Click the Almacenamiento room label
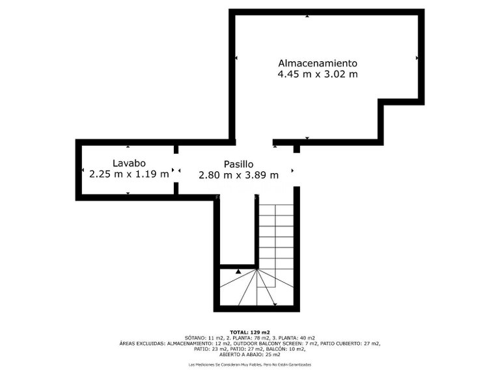318,63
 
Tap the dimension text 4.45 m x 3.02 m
318,74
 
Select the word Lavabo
128,163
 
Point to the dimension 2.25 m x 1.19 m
128,174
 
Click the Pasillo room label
238,164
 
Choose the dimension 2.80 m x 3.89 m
238,174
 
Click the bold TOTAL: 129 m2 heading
250,332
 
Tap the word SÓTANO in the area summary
195,338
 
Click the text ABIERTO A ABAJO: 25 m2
250,354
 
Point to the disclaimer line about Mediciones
250,365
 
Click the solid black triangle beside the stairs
238,270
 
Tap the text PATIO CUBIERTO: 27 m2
353,343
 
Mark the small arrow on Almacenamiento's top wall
307,15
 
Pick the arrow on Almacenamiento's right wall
417,58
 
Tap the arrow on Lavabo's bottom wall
128,193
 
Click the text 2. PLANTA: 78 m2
247,338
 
